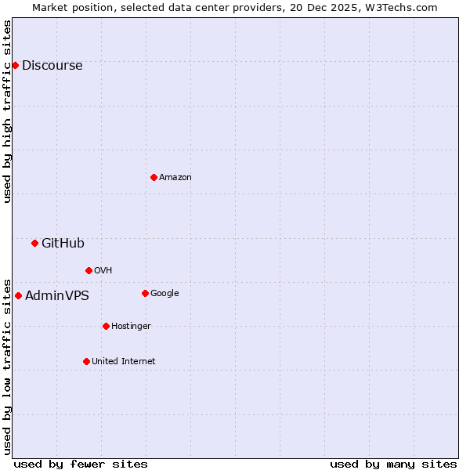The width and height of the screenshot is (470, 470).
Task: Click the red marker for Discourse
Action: click(15, 65)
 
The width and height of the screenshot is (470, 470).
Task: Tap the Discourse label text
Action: click(52, 66)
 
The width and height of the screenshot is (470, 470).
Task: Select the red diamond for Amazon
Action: click(154, 177)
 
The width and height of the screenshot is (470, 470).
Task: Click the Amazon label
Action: click(175, 178)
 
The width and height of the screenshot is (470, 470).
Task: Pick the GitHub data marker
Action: click(34, 243)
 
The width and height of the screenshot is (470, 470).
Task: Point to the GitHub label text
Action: click(63, 244)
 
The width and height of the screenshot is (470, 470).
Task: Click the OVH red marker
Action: click(89, 270)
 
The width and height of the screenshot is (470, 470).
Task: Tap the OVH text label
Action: click(103, 271)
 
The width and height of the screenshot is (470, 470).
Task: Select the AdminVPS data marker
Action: click(18, 295)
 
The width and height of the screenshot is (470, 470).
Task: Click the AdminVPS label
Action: click(56, 296)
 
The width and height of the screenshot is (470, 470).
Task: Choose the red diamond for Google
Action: click(145, 293)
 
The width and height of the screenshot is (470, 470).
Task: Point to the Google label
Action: click(164, 294)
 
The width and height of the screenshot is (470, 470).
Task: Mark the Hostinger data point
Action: click(106, 326)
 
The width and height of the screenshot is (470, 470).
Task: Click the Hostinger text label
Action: click(131, 327)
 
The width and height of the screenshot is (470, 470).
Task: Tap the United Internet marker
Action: click(86, 361)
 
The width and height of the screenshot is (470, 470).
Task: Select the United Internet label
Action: click(123, 362)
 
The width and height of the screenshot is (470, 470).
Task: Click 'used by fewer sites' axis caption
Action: click(81, 464)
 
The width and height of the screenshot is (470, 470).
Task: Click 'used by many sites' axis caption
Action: click(393, 464)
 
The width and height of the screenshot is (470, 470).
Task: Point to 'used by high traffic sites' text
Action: click(8, 112)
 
